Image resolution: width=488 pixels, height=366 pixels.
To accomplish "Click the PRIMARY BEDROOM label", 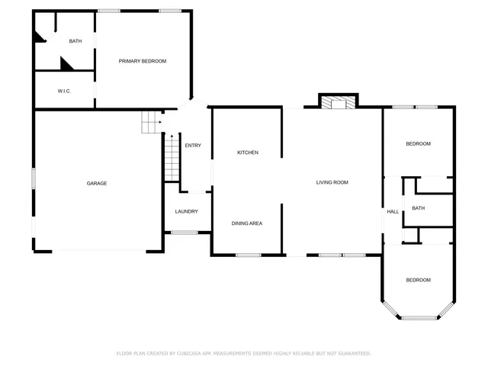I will [x=142, y=61].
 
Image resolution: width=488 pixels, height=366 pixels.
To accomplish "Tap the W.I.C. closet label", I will [x=64, y=91].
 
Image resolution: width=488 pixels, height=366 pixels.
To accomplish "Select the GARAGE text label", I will [x=96, y=183].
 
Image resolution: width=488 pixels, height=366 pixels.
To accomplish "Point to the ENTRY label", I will [x=193, y=146].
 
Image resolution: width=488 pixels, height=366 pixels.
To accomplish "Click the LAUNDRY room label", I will [x=187, y=211].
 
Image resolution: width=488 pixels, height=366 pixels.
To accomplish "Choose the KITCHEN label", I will [x=248, y=152].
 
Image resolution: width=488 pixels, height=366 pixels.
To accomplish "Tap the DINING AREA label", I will [x=247, y=223].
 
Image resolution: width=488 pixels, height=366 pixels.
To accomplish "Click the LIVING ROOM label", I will [x=332, y=182].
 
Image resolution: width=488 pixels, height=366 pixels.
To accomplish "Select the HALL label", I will [x=393, y=211].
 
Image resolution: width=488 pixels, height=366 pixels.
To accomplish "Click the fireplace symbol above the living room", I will [x=337, y=103].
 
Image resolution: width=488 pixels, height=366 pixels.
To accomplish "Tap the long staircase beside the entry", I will [x=172, y=158].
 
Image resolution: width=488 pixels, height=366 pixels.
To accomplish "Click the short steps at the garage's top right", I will [x=152, y=121].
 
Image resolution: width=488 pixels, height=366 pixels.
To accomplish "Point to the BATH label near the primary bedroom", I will [x=75, y=41].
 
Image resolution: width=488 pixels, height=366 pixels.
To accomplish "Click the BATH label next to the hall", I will [x=418, y=208].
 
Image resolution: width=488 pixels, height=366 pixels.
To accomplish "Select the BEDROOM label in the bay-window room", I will [x=418, y=280].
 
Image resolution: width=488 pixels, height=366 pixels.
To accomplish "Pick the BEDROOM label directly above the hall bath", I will [x=418, y=144].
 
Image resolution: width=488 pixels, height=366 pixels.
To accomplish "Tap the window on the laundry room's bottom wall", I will [x=184, y=232].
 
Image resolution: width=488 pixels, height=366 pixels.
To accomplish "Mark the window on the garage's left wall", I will [x=34, y=178].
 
